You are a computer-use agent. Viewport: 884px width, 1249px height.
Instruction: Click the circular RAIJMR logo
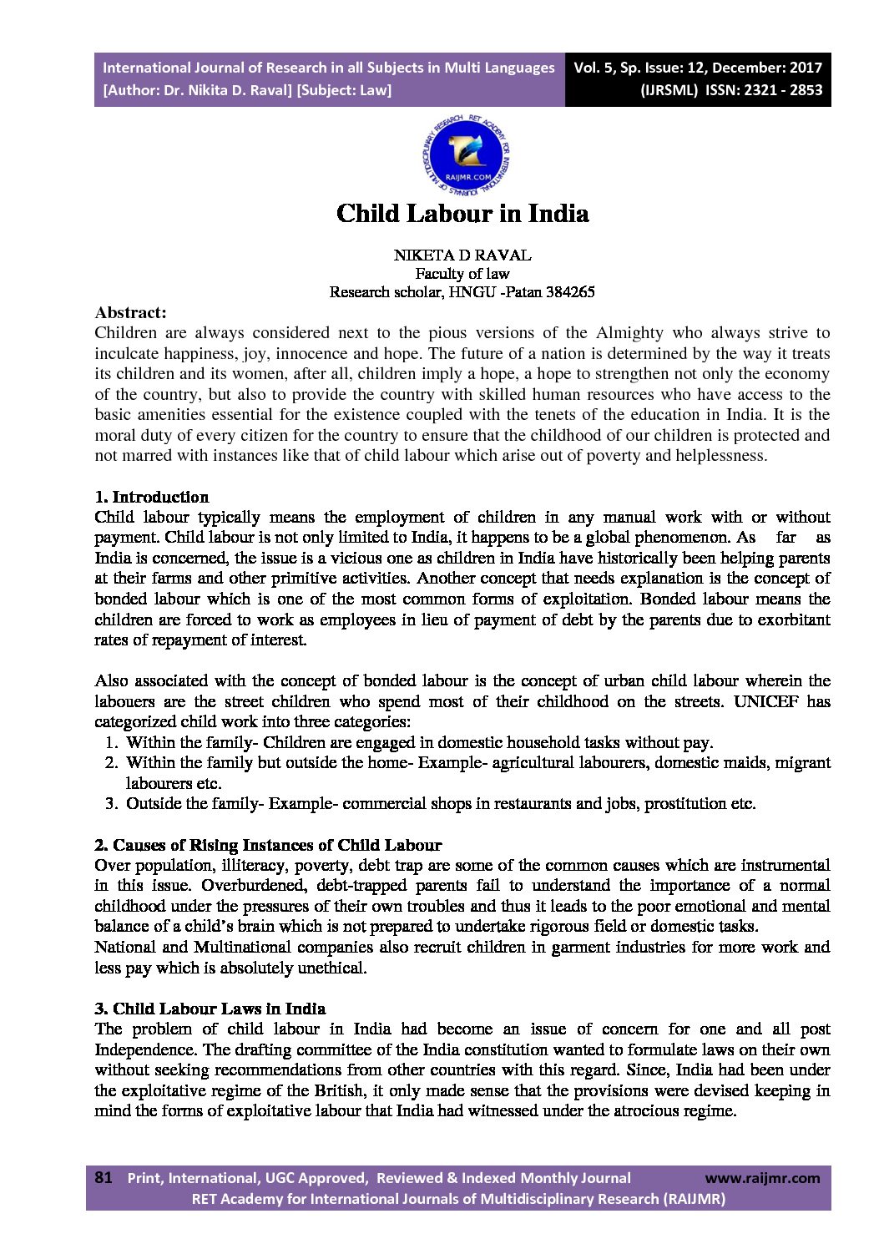pos(466,156)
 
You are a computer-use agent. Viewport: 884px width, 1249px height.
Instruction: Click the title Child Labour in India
pos(462,214)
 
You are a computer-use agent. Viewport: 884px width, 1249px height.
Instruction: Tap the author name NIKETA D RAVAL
pos(462,255)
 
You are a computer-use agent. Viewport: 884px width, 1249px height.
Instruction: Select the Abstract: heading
pos(130,313)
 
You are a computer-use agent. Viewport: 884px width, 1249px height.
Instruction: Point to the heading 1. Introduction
pos(152,498)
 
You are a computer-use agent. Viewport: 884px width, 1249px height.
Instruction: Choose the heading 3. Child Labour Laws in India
pos(210,1009)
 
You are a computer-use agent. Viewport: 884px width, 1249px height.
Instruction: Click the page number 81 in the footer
pos(104,1177)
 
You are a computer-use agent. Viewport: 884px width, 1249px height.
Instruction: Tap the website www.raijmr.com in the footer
pos(762,1178)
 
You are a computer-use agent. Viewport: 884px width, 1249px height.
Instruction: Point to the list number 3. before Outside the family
pos(111,804)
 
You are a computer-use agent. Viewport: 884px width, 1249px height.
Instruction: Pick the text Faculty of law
pos(462,274)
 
